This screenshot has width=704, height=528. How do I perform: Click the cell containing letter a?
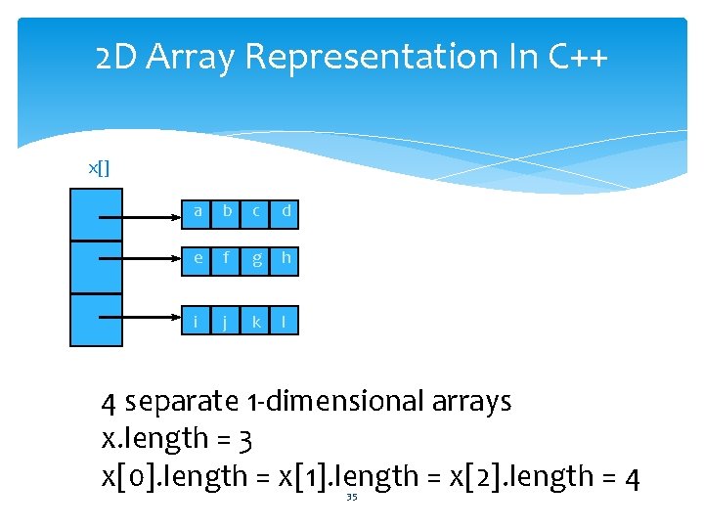pyautogui.click(x=198, y=211)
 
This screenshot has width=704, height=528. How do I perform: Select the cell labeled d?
pyautogui.click(x=286, y=211)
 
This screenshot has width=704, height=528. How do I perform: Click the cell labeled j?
pyautogui.click(x=227, y=320)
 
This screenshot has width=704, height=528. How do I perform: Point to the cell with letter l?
pyautogui.click(x=286, y=320)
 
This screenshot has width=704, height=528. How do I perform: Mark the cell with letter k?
pyautogui.click(x=256, y=320)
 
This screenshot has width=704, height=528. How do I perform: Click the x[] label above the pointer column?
pyautogui.click(x=99, y=169)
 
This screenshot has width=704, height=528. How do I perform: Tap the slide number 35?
pyautogui.click(x=351, y=497)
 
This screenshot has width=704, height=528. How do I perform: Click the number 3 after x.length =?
pyautogui.click(x=245, y=440)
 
